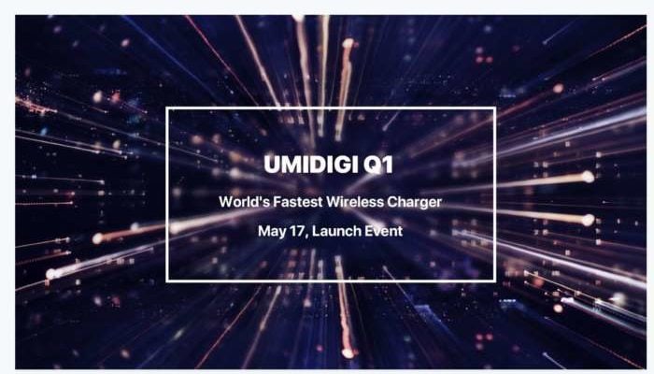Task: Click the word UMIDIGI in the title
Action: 311,165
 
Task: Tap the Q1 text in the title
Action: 378,165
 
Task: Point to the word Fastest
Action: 298,202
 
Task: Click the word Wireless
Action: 355,202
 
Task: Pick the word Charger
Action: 414,203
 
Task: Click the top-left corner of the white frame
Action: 167,108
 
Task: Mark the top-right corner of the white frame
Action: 495,108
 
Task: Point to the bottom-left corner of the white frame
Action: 167,280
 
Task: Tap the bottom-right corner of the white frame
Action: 495,280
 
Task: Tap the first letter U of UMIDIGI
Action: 272,165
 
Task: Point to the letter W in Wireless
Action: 334,202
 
